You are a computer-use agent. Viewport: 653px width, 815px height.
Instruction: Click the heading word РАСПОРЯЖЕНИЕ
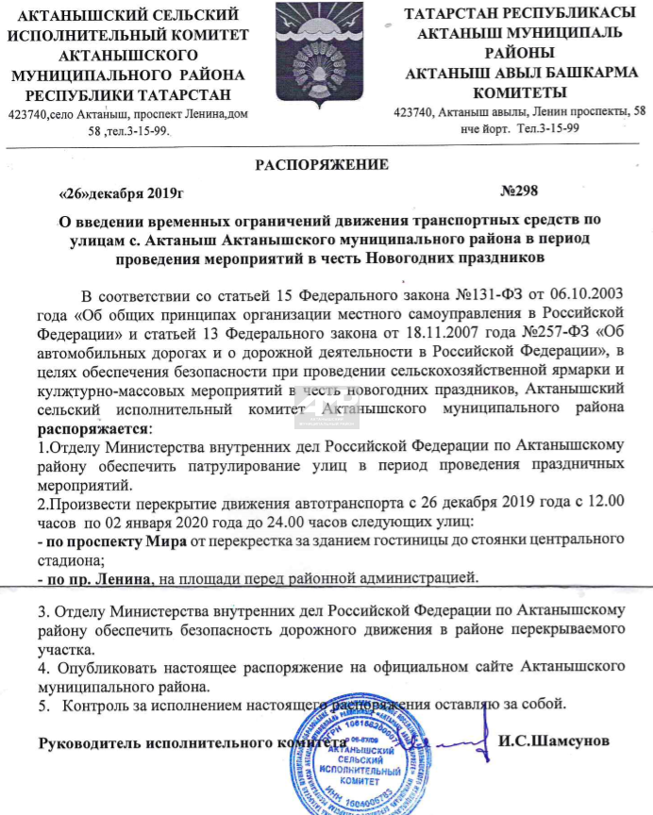(x=323, y=165)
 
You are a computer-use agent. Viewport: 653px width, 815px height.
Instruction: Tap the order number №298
(x=518, y=191)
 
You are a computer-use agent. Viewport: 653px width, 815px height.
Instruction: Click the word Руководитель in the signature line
(x=92, y=741)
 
